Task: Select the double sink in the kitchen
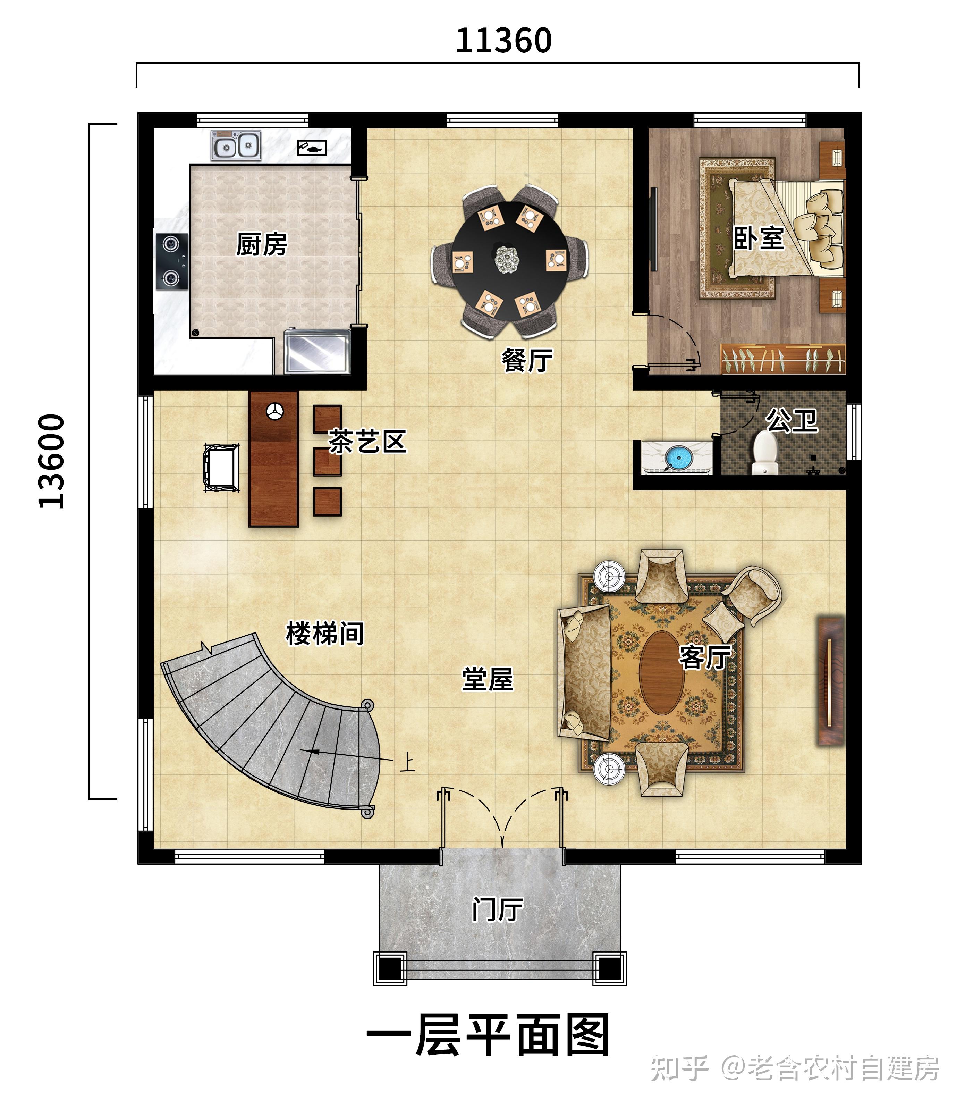tap(236, 145)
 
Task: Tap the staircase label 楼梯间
tap(325, 634)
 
